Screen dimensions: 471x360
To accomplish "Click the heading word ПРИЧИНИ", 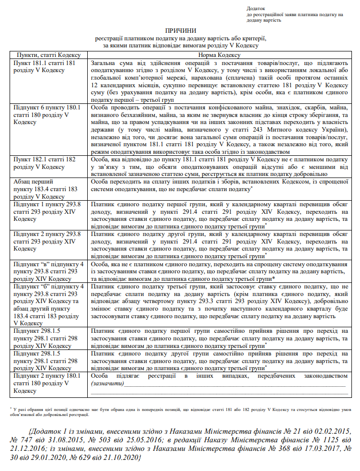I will (x=181, y=31).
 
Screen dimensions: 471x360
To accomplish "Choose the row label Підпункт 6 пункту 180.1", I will (x=47, y=107).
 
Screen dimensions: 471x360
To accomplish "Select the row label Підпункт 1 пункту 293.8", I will (x=47, y=205).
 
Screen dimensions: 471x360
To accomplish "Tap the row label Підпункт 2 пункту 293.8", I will (x=47, y=233).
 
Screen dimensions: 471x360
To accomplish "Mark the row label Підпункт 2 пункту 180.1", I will (x=47, y=376).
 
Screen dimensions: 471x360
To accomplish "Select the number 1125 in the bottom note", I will (x=312, y=441).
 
